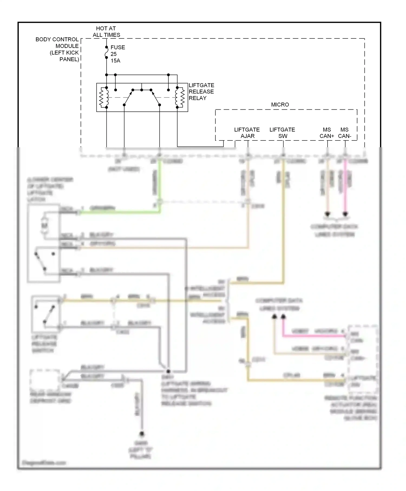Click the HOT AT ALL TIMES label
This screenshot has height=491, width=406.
[x=106, y=32]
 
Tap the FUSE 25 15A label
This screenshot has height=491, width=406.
[x=117, y=54]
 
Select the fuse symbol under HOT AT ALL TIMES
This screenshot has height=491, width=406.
[x=107, y=54]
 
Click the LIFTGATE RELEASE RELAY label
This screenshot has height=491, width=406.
[x=201, y=92]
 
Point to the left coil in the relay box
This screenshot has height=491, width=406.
[x=104, y=97]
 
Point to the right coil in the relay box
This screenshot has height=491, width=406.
[x=180, y=97]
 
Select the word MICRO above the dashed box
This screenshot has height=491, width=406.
[x=280, y=104]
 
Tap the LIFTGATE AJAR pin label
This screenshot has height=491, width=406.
[x=247, y=133]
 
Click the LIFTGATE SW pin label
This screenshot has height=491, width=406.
[x=282, y=133]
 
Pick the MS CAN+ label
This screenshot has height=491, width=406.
[x=327, y=133]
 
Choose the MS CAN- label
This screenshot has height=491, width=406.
[x=345, y=133]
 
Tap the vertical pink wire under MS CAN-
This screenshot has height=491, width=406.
[x=345, y=187]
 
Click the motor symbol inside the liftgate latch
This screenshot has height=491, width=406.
[x=44, y=225]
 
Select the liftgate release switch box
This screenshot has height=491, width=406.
[x=45, y=314]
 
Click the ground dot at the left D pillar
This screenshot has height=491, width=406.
[x=142, y=434]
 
